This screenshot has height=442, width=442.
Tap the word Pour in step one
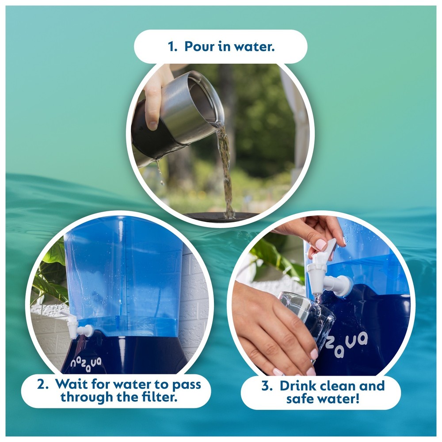click(199, 46)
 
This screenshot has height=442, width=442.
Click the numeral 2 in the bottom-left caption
click(42, 384)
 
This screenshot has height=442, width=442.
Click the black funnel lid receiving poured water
click(221, 217)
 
